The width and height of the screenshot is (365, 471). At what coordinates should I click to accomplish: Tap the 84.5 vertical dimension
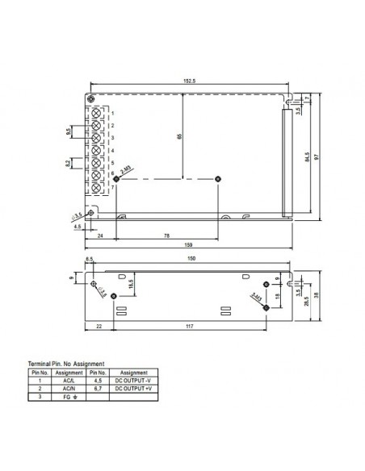tap(308, 154)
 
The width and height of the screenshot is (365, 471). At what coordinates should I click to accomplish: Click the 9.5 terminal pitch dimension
tap(69, 131)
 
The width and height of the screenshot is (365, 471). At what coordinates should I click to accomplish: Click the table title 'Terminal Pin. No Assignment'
tap(66, 365)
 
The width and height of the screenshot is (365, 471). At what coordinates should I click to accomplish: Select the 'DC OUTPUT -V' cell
tap(133, 381)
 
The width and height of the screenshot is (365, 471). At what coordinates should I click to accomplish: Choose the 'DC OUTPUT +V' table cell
tap(133, 389)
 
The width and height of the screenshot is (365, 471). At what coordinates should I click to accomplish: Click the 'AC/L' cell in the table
tap(69, 381)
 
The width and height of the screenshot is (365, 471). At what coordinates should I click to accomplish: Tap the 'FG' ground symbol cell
tap(69, 397)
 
